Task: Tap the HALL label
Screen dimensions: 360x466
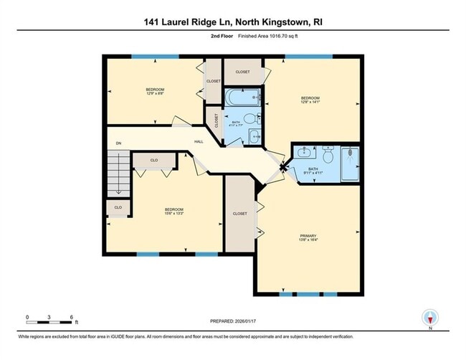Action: tap(199, 141)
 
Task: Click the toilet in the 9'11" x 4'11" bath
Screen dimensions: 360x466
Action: tap(328, 154)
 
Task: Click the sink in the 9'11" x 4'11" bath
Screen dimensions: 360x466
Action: tap(304, 151)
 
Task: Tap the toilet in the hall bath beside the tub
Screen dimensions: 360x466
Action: tap(249, 119)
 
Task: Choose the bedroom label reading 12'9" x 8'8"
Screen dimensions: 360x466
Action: tap(151, 92)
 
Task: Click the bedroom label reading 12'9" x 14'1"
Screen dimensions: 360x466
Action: tap(310, 100)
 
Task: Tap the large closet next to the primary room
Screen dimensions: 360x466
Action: tap(239, 214)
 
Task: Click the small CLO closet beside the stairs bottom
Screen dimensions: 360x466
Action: tap(118, 207)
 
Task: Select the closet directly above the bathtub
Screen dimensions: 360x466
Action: tap(242, 72)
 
